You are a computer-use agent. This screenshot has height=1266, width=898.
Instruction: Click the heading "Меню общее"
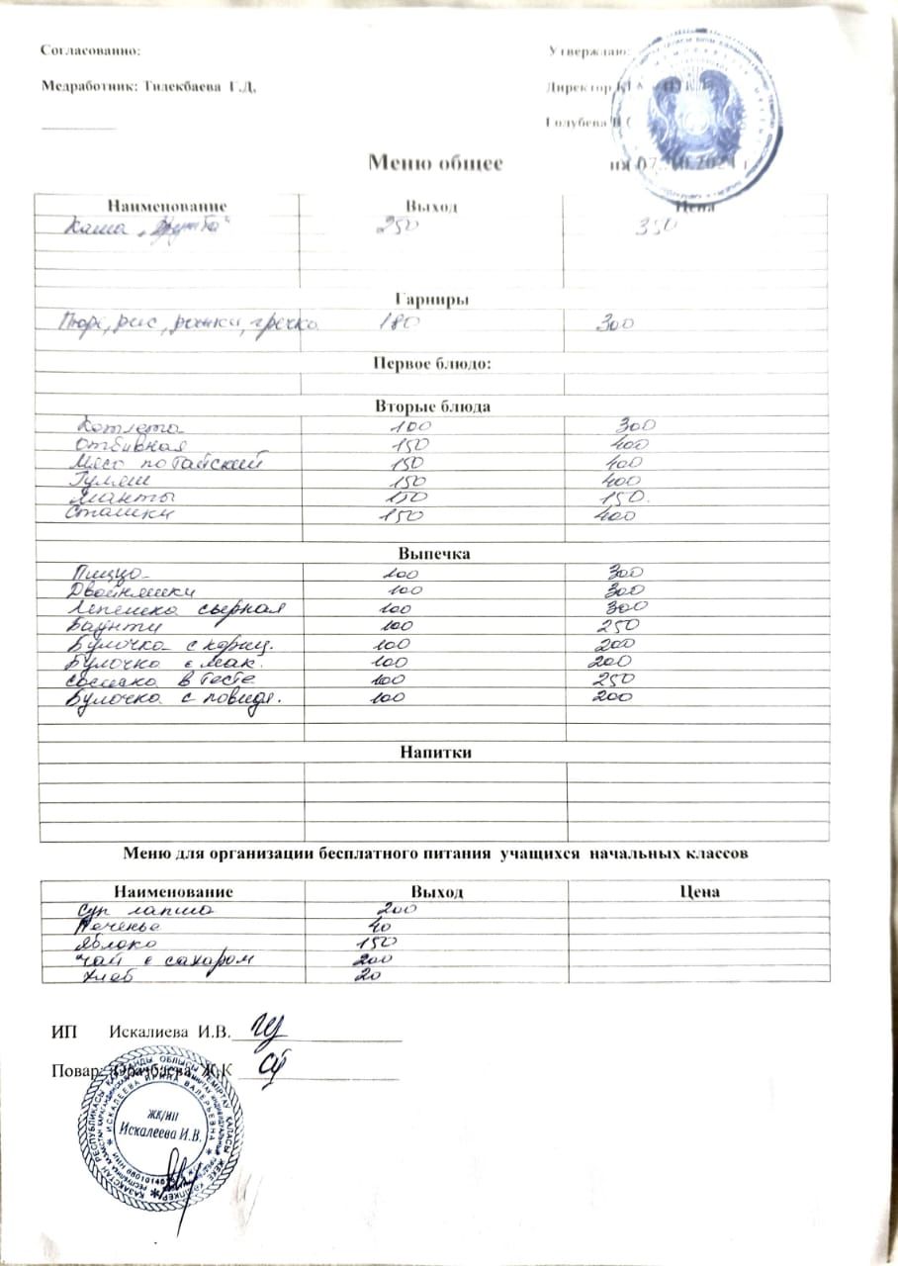click(x=435, y=162)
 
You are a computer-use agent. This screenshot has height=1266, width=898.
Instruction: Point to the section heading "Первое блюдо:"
click(x=432, y=363)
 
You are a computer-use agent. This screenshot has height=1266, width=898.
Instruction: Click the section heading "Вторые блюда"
click(x=431, y=407)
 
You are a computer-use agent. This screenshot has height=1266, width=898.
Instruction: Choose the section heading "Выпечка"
click(x=433, y=554)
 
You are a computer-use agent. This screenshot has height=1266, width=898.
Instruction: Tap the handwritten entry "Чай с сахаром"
click(x=163, y=959)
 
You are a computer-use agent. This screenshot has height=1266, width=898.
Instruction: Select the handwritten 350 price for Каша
click(x=655, y=226)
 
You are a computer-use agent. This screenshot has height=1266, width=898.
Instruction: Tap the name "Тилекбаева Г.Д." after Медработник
click(x=200, y=86)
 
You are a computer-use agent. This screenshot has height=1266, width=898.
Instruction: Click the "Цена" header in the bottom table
click(x=698, y=891)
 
